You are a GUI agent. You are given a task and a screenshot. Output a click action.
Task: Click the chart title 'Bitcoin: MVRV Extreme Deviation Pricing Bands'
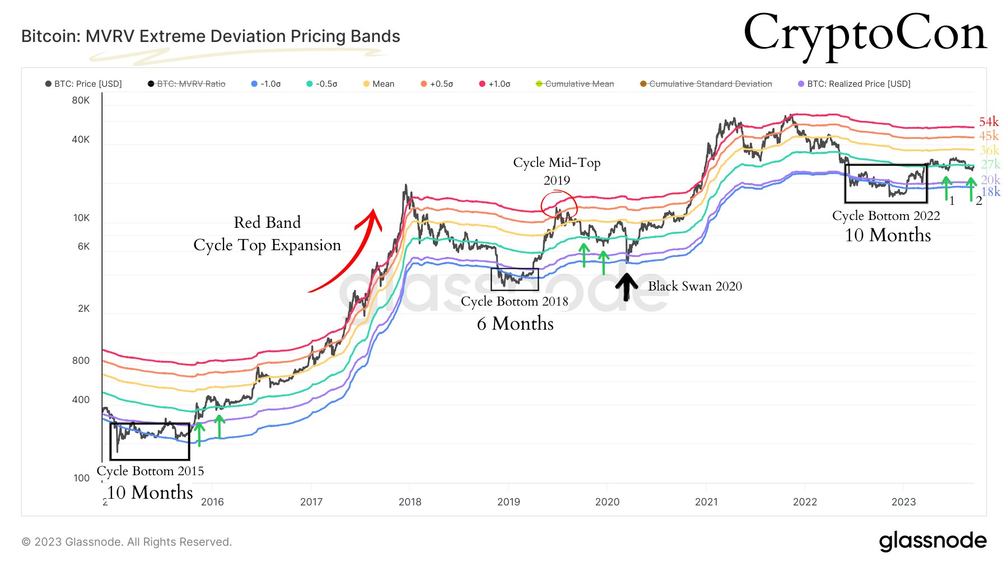(x=211, y=36)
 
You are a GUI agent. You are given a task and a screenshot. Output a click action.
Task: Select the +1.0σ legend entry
(x=495, y=84)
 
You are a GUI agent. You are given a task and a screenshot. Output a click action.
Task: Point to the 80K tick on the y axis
(x=81, y=100)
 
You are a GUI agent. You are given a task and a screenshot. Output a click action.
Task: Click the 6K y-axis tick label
(x=83, y=246)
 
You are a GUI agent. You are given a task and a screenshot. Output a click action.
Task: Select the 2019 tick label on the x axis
(x=508, y=502)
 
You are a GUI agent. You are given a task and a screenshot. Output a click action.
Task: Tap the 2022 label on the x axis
(x=805, y=502)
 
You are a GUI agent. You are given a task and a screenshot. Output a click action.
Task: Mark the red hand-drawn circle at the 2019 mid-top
(x=558, y=204)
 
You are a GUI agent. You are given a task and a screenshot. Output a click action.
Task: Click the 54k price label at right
(x=988, y=122)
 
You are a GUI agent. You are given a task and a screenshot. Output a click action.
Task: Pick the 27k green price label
(x=990, y=164)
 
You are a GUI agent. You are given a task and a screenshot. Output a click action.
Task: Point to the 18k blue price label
(x=991, y=192)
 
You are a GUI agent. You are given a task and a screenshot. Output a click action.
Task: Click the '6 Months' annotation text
(x=515, y=324)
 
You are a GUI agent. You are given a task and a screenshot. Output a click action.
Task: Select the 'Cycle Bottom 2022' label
(x=886, y=216)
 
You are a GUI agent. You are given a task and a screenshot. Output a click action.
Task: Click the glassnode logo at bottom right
(x=932, y=541)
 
